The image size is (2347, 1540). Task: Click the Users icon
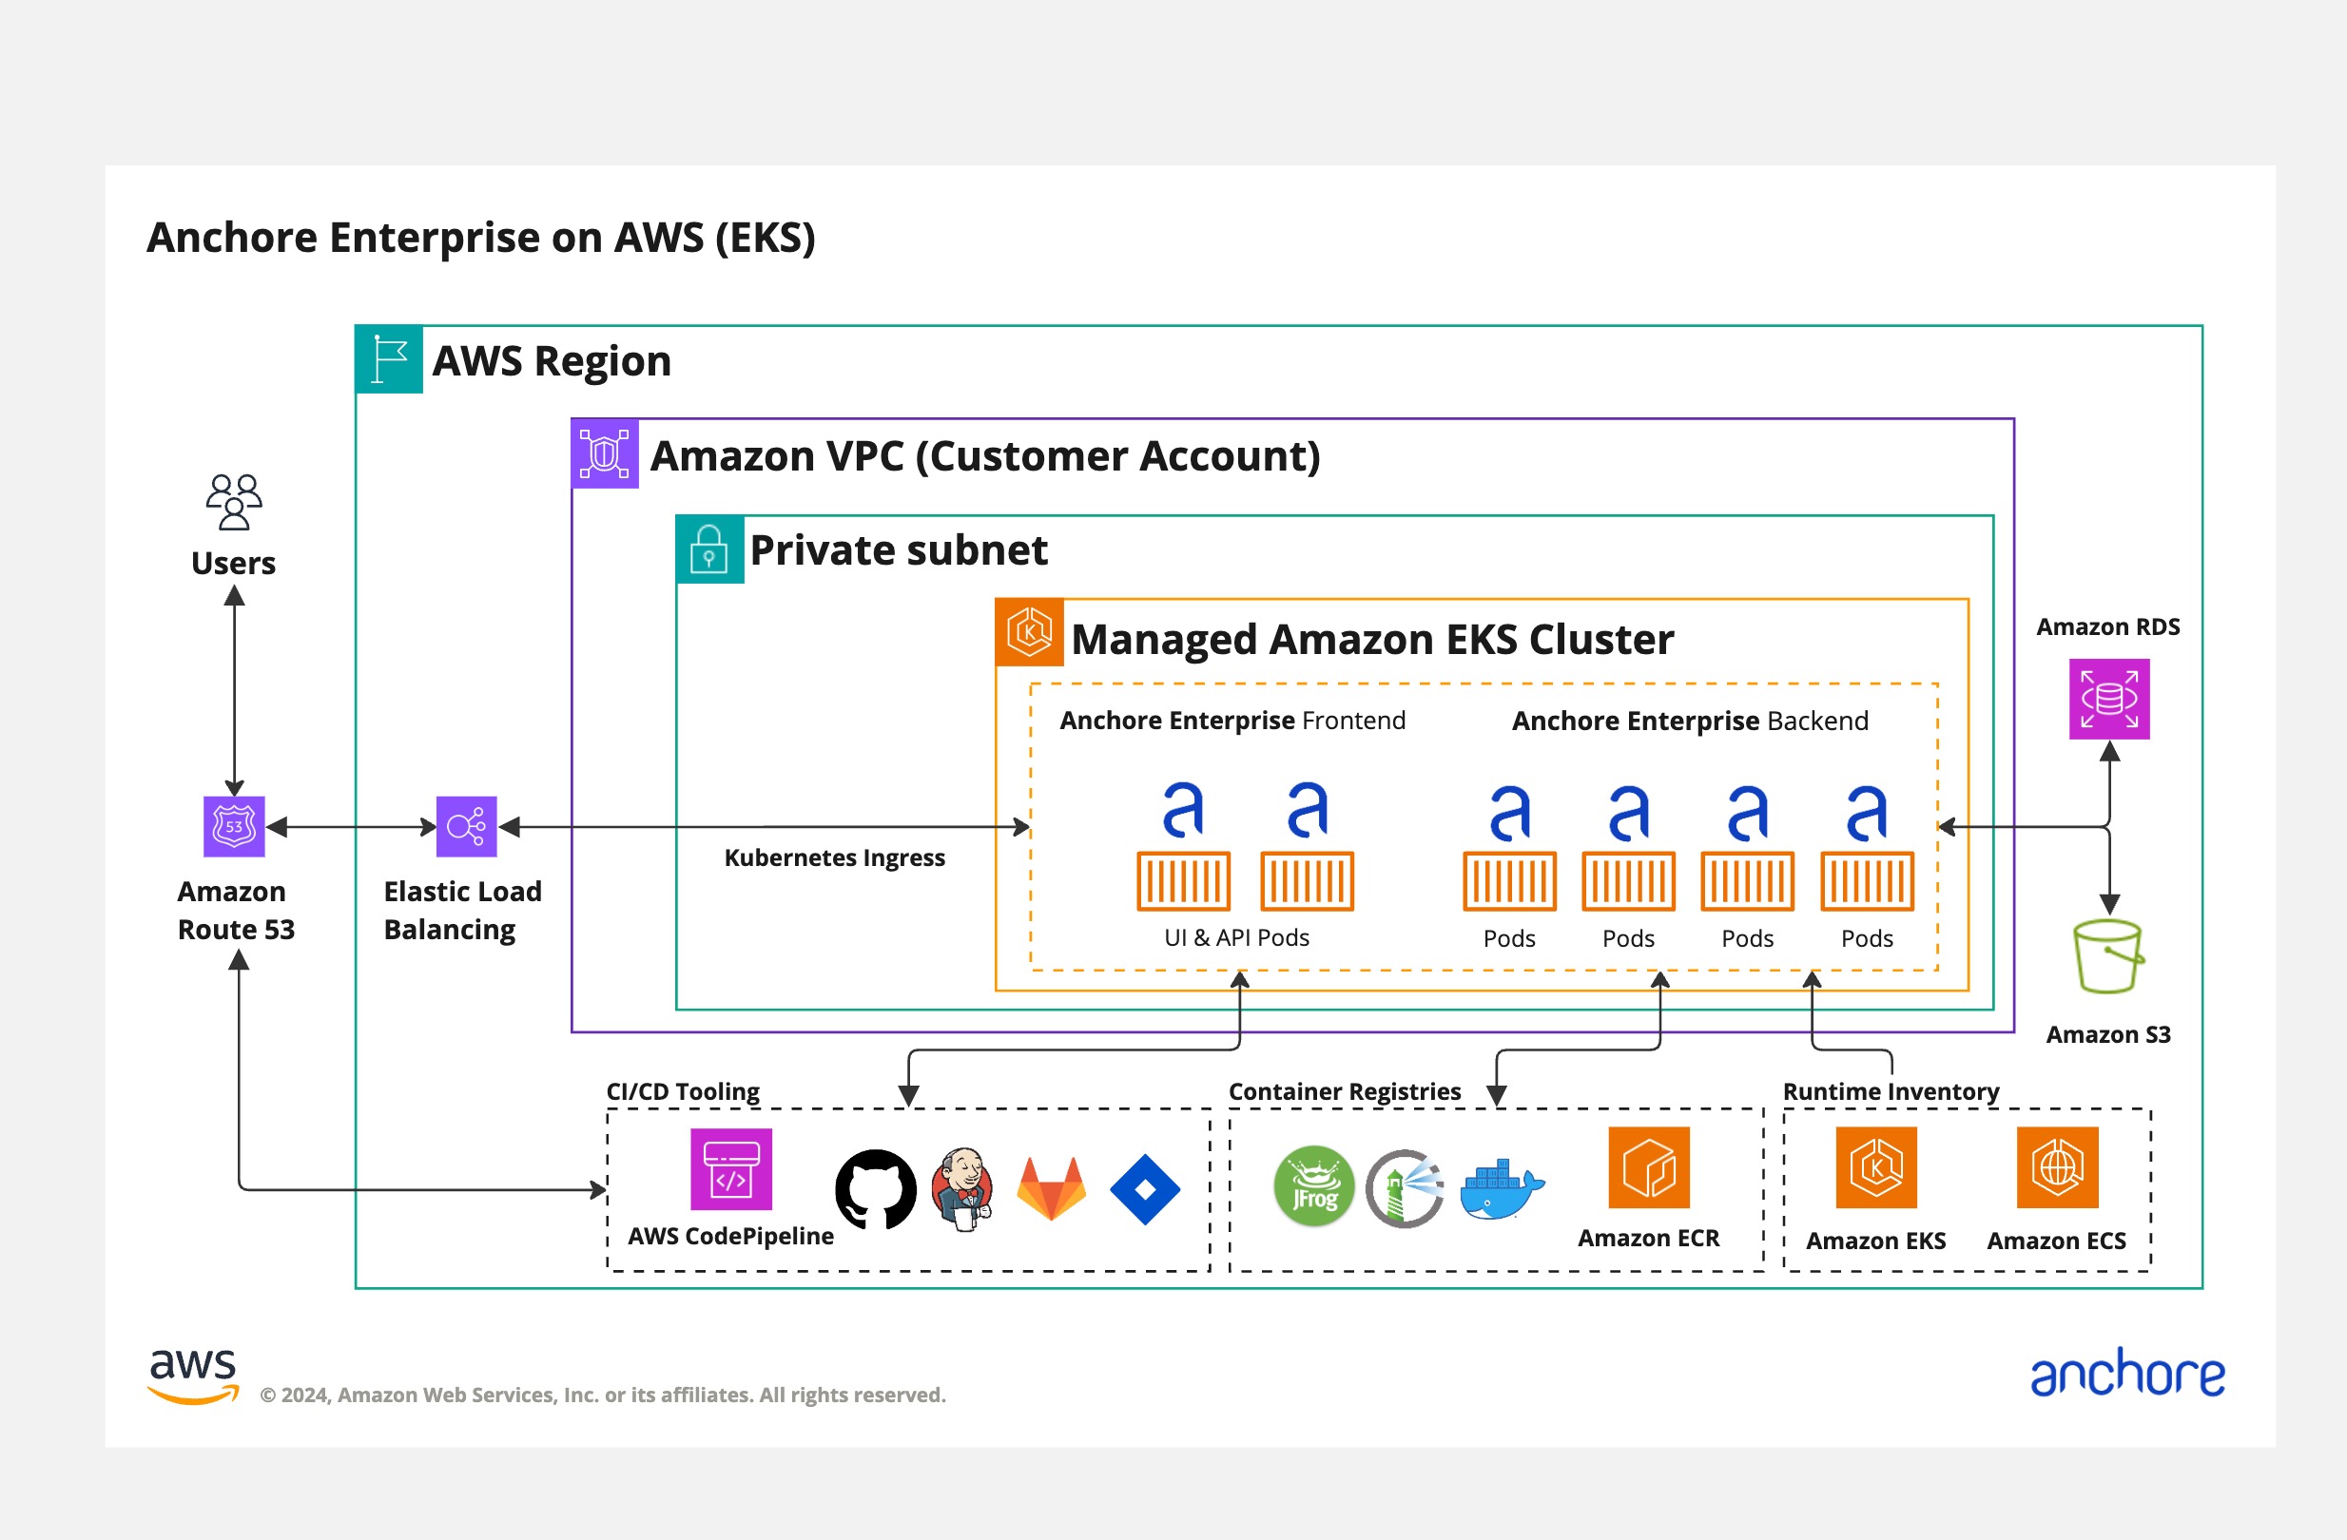234,502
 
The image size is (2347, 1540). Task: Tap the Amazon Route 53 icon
234,826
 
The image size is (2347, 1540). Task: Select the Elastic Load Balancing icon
466,826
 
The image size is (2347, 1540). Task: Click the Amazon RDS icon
2108,699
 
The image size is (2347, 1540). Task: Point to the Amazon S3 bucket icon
2107,956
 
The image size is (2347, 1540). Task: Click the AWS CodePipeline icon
730,1169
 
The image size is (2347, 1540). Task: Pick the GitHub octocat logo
875,1189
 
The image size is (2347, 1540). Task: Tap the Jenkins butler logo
962,1189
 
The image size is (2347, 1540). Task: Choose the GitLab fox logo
1051,1189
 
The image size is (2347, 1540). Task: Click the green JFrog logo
1313,1186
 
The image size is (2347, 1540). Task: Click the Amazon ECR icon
1648,1167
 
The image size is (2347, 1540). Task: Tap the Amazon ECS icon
2056,1167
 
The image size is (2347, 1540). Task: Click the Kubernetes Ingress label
834,857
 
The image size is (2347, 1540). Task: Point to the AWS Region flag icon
390,359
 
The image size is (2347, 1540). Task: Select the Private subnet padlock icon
709,549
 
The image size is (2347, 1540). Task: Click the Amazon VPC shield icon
605,454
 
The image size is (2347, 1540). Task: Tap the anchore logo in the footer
2127,1374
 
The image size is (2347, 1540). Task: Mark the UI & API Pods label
1236,937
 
